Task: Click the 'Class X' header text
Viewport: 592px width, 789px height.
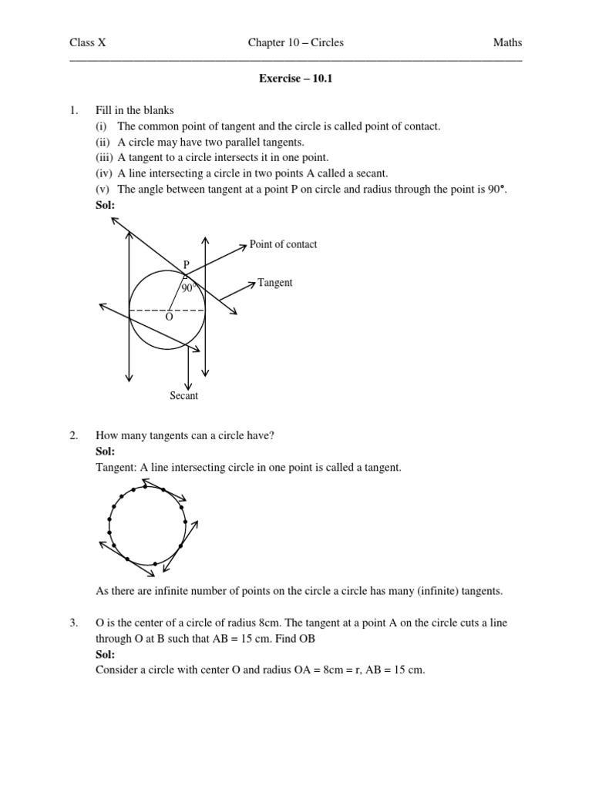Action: (88, 43)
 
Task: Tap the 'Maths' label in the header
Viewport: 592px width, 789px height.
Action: (507, 43)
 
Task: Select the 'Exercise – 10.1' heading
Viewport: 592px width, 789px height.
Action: (296, 79)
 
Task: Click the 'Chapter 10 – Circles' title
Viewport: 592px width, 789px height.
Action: (295, 43)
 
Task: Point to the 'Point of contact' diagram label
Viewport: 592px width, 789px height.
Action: (283, 244)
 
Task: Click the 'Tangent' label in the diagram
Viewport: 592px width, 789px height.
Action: (274, 283)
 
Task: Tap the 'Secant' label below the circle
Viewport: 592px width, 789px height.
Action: (184, 395)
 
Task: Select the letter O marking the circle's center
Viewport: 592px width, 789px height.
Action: (169, 317)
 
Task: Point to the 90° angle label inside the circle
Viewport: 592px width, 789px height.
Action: (188, 288)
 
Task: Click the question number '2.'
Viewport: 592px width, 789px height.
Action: (74, 436)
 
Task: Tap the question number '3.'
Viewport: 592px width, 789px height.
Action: (74, 623)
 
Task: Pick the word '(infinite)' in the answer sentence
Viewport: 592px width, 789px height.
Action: (435, 591)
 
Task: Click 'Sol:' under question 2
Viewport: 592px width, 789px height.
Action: (106, 452)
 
